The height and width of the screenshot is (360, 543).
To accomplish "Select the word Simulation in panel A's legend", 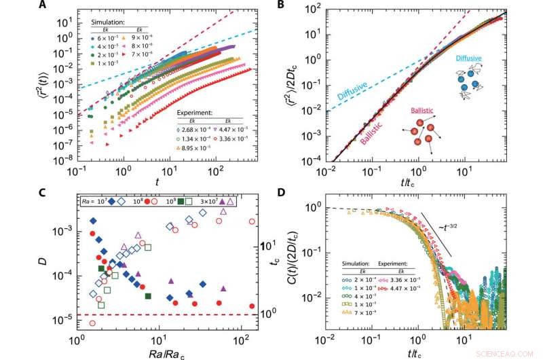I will click(x=110, y=22).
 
